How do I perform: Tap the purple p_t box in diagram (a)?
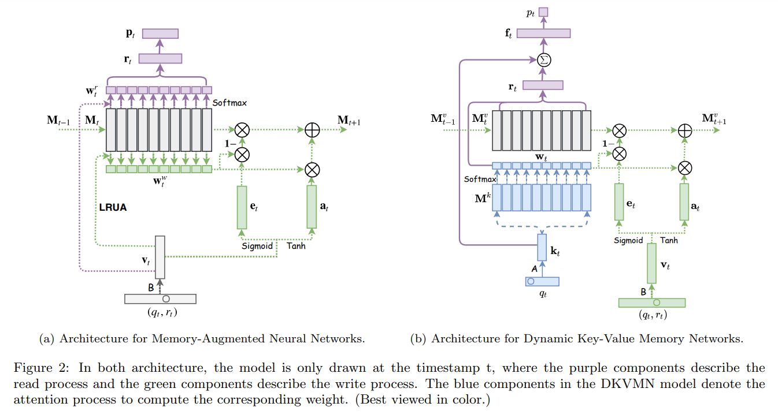(160, 33)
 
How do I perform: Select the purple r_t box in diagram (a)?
(160, 58)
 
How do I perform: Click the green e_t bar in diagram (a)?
(242, 207)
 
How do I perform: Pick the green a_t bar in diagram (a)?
(312, 207)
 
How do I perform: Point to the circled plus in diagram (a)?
(312, 130)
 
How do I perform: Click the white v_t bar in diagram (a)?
(160, 257)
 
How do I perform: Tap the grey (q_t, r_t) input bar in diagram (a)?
(160, 298)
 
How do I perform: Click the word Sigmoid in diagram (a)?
(257, 246)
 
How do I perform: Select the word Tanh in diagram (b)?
(669, 240)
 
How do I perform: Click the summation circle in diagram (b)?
(543, 59)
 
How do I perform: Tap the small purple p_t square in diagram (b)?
(543, 12)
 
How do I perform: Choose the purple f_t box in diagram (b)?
(543, 33)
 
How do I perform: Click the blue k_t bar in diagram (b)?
(542, 247)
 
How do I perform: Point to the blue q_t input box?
(542, 281)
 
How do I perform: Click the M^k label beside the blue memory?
(483, 198)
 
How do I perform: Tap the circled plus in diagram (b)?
(684, 130)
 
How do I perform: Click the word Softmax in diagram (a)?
(229, 103)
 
